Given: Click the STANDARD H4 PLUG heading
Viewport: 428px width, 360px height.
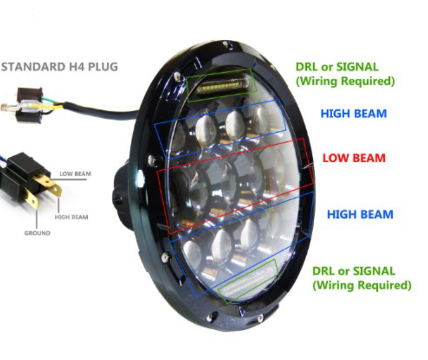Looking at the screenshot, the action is (x=59, y=67).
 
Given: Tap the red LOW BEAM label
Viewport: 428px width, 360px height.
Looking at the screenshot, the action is (x=354, y=158).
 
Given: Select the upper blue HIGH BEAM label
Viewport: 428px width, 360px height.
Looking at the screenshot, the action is (x=354, y=114).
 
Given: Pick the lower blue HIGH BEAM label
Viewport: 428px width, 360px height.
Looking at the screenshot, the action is (x=360, y=214).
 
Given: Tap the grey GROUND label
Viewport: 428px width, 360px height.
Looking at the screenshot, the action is (x=37, y=233).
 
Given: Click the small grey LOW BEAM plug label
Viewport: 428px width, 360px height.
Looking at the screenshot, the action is (x=76, y=174).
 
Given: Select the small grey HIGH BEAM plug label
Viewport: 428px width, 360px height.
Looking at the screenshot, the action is (x=72, y=217).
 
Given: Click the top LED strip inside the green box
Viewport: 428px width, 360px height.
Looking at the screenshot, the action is (x=223, y=85).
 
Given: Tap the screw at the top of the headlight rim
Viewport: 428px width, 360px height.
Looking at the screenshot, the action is (x=226, y=44).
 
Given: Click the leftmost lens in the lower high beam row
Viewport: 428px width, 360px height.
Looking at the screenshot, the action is (x=192, y=255).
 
